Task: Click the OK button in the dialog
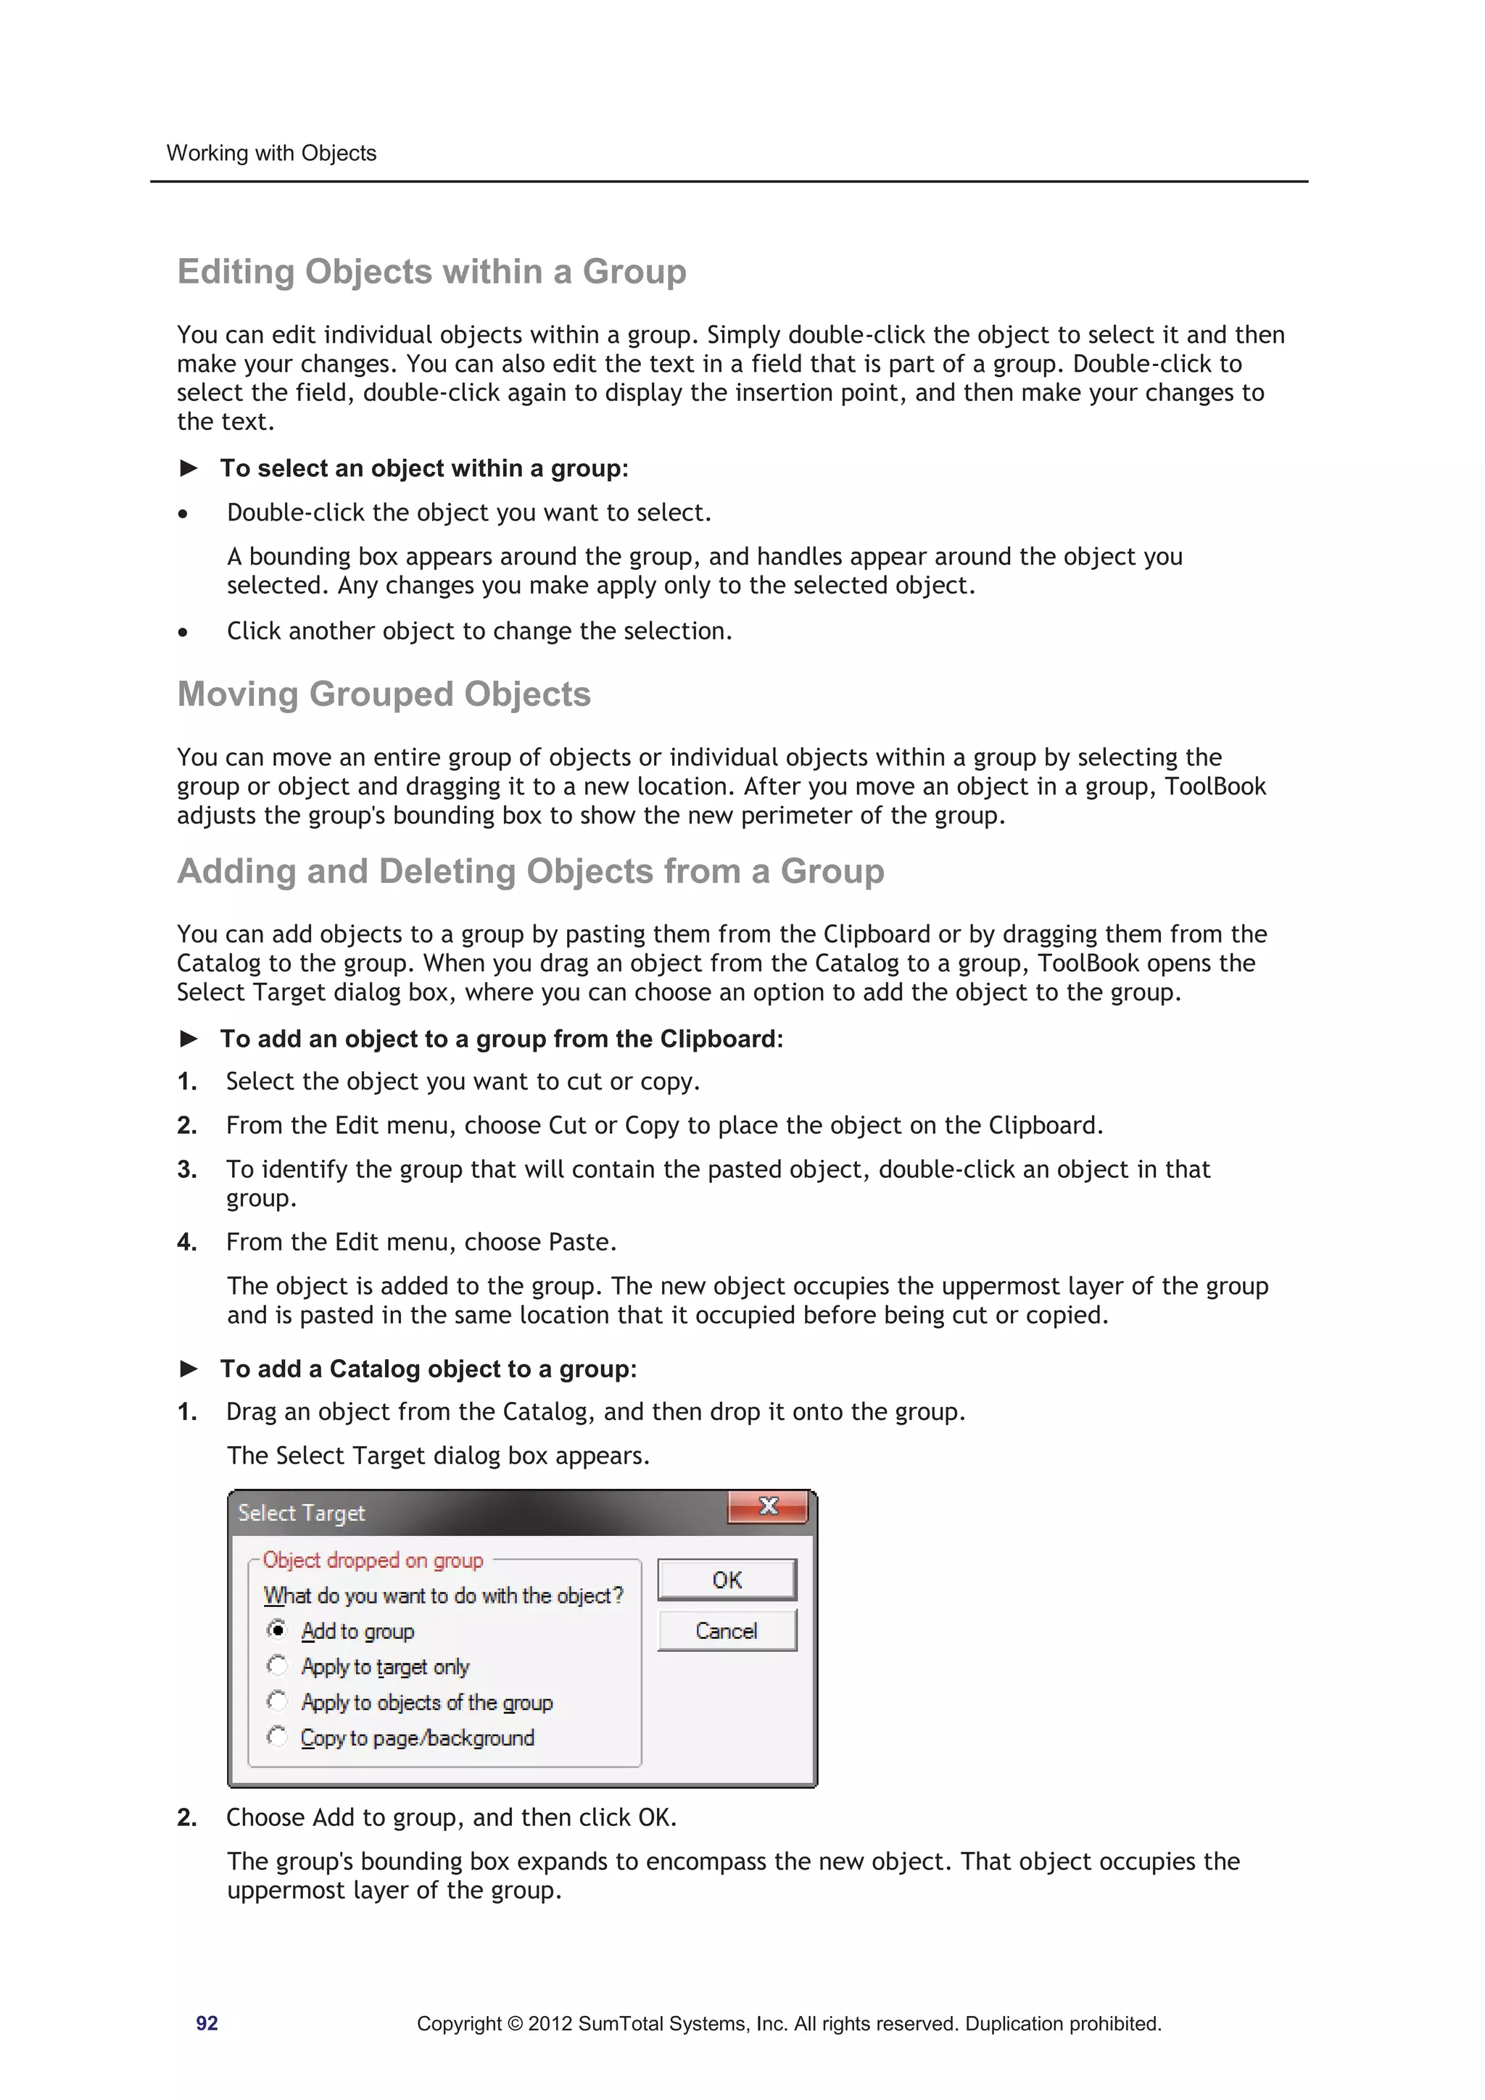coord(727,1580)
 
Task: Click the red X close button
coord(768,1506)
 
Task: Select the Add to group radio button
coord(277,1630)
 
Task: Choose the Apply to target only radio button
coord(277,1666)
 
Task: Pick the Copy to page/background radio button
coord(277,1736)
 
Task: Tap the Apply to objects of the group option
coord(426,1702)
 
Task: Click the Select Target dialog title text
coord(301,1513)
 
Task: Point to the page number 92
coord(207,2023)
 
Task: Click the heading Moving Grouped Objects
coord(384,694)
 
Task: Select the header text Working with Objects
coord(271,153)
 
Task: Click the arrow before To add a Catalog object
coord(189,1369)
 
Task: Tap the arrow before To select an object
coord(189,468)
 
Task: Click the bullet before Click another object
coord(183,632)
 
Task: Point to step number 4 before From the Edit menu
coord(186,1242)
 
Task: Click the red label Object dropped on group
coord(373,1559)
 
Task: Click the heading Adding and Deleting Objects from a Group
coord(530,871)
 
